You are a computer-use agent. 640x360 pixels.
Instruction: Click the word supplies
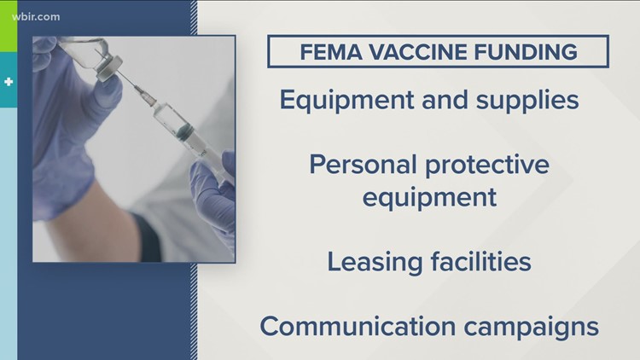tap(531, 101)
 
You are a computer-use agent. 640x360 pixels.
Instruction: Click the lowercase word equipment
tap(429, 197)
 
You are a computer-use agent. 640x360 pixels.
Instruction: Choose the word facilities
tap(481, 260)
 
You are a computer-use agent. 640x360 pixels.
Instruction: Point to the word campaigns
tap(540, 326)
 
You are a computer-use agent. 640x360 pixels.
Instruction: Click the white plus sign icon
tap(7, 83)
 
